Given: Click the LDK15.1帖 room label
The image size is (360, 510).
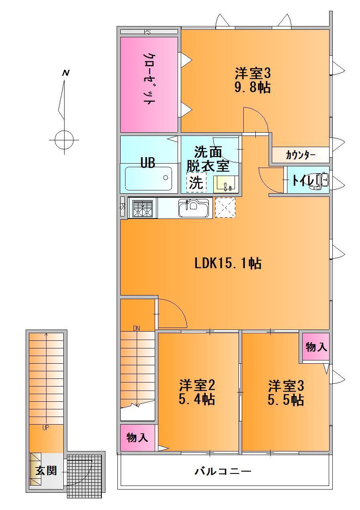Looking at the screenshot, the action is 228,263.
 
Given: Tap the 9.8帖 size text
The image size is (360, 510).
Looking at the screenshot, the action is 253,87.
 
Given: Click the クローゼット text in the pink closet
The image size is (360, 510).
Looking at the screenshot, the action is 149,79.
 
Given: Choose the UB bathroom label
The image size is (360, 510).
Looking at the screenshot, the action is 148,163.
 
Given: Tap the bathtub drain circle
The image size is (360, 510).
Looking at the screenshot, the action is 166,178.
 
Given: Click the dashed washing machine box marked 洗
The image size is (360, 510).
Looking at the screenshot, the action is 196,182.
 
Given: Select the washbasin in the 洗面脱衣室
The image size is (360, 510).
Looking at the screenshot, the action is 226,184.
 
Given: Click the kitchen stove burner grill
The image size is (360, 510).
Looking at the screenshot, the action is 143,208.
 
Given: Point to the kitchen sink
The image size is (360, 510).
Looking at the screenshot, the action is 194,208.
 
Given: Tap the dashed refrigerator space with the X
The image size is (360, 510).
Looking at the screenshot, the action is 225,207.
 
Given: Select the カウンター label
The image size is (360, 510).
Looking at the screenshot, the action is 301,155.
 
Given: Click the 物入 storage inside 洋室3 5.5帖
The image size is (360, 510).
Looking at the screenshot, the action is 316,347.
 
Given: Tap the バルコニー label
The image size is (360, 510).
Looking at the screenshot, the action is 223,471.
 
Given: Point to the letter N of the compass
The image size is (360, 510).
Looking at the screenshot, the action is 66,73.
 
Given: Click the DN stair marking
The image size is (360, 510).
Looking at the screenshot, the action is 136,328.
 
